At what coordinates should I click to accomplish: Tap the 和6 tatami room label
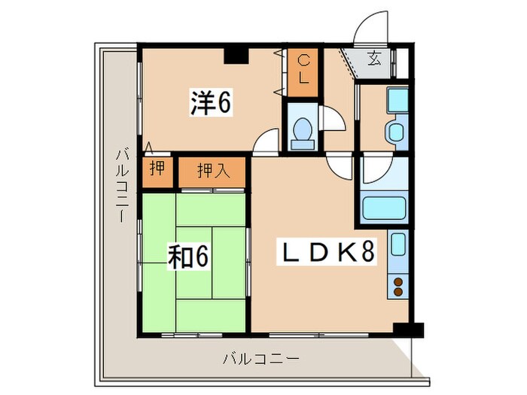pyautogui.click(x=187, y=257)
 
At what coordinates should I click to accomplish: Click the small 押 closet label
pyautogui.click(x=156, y=169)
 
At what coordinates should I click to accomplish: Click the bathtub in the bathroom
pyautogui.click(x=384, y=206)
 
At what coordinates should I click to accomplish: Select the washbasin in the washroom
pyautogui.click(x=396, y=132)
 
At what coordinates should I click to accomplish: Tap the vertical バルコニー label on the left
pyautogui.click(x=120, y=185)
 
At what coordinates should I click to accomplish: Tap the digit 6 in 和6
pyautogui.click(x=202, y=257)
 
